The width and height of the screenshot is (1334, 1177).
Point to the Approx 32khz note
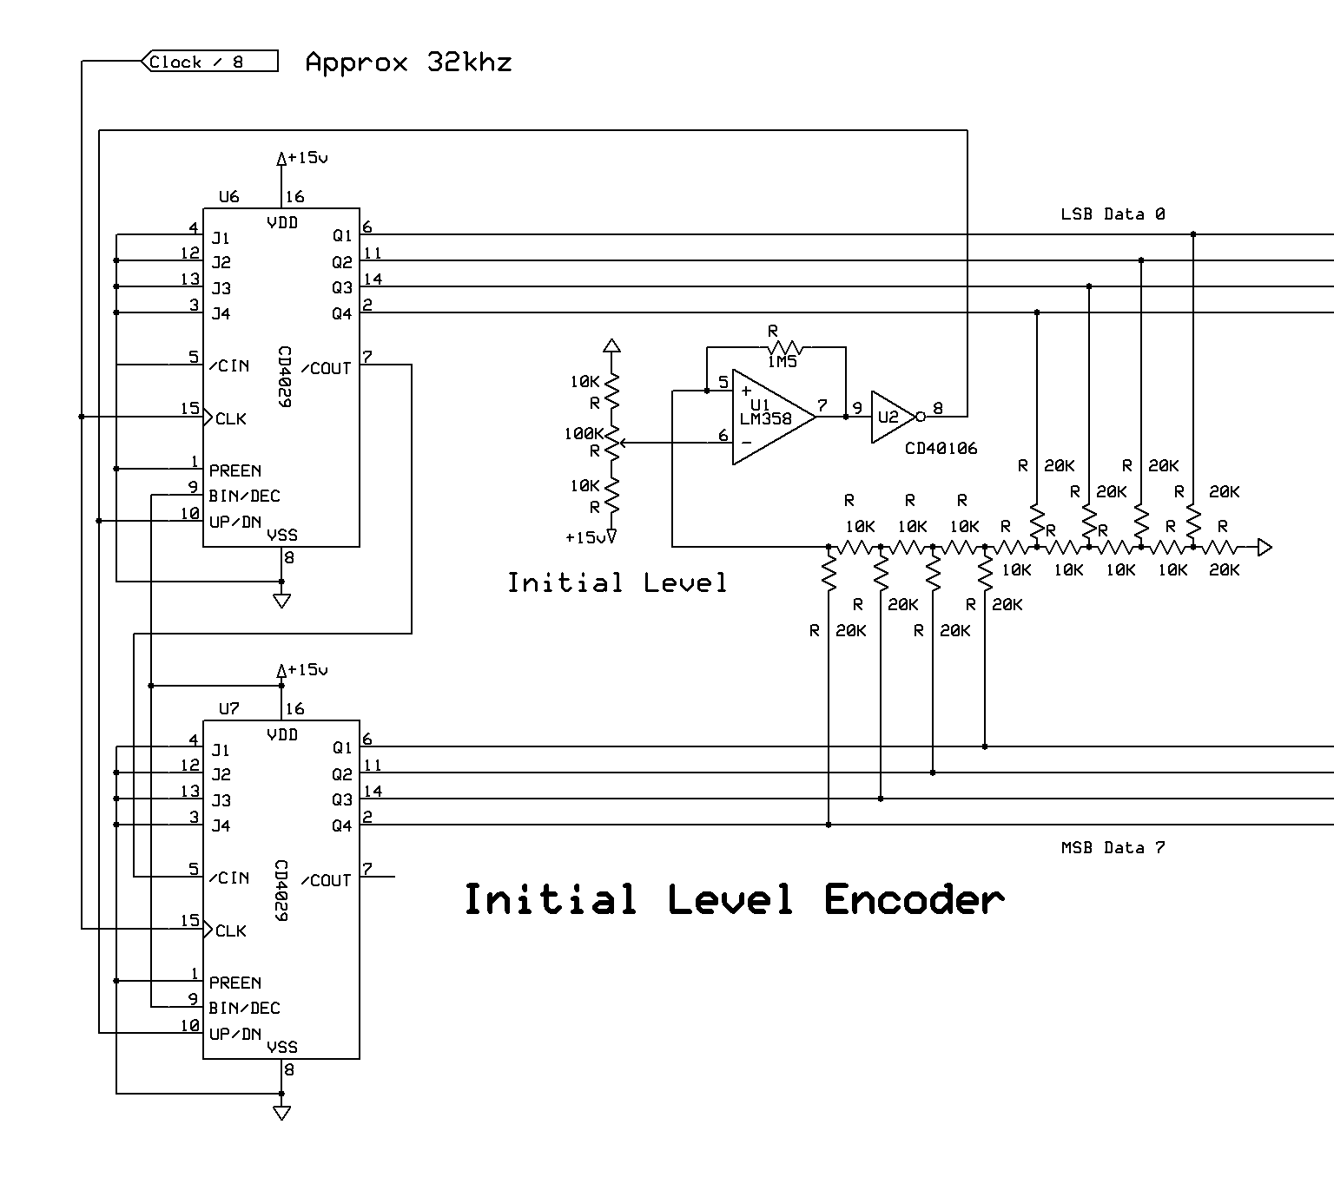point(408,62)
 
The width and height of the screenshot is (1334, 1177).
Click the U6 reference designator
point(228,197)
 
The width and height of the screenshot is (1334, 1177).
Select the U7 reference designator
point(228,709)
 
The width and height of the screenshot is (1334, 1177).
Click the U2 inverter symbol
point(892,417)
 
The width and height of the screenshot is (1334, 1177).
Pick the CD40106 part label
point(941,449)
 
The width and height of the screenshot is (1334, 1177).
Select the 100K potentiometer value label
point(583,433)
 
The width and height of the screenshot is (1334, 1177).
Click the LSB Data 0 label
point(1113,214)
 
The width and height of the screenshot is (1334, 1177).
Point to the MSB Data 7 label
point(1113,847)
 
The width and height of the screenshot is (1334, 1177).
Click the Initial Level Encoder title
point(734,899)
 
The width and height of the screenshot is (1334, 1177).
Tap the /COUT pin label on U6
point(326,368)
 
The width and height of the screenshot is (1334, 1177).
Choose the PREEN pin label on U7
point(234,983)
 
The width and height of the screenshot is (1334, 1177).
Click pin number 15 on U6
point(190,408)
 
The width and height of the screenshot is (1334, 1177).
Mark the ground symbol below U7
point(281,1113)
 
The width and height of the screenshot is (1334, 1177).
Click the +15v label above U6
point(307,158)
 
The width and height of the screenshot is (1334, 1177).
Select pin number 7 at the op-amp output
point(822,405)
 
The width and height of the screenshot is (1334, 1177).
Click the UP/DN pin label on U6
point(234,522)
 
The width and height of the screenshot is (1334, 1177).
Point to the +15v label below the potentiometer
point(584,537)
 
